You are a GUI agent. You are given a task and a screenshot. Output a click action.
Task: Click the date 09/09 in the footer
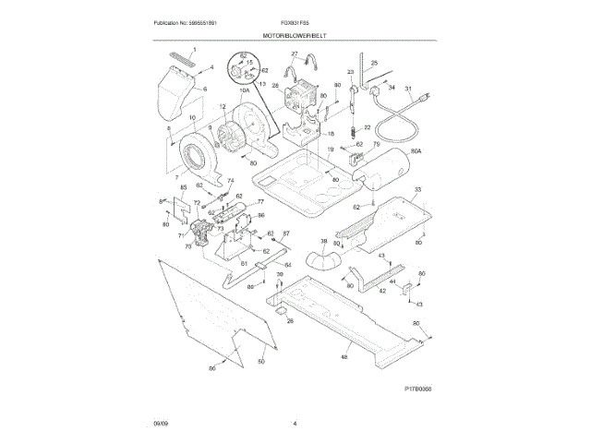click(161, 424)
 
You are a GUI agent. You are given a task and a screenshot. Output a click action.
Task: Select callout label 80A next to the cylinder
click(416, 150)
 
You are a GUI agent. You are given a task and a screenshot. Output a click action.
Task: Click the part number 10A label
click(245, 90)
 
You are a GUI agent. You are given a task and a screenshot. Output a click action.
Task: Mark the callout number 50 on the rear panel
click(260, 360)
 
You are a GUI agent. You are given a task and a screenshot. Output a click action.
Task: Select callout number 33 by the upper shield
click(417, 189)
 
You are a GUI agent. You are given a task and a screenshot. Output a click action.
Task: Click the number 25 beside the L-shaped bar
click(374, 63)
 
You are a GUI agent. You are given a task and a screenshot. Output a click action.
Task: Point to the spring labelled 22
click(354, 135)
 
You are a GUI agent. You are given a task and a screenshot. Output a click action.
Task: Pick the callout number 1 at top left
click(195, 48)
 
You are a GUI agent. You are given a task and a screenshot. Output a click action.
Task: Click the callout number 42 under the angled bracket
click(380, 290)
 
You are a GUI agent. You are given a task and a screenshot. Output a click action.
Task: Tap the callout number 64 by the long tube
click(287, 265)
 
